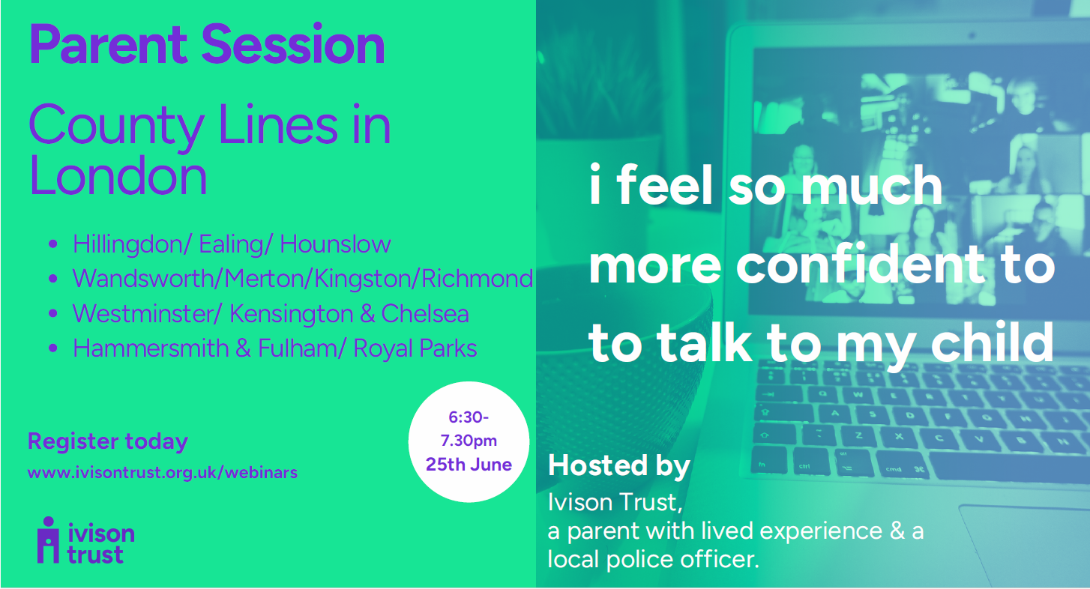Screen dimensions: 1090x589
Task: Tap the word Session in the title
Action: point(293,45)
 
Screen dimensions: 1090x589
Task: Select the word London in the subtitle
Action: point(118,175)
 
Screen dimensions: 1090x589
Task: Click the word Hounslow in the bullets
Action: point(335,244)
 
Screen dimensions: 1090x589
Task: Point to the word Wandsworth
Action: point(143,278)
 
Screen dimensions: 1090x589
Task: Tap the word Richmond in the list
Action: point(477,278)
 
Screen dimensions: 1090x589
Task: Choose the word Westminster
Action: point(143,313)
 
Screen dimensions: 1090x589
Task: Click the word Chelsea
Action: point(425,313)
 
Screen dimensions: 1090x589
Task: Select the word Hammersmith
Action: point(151,348)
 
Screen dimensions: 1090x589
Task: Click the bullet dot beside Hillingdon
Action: point(53,244)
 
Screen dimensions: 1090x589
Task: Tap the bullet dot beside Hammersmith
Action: point(53,348)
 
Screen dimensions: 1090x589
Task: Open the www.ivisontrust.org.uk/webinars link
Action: point(163,472)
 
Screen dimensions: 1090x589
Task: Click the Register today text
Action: point(108,441)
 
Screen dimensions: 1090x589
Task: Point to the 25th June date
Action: point(469,465)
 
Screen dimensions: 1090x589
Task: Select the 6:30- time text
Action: point(469,417)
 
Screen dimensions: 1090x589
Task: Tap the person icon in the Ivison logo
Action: point(48,540)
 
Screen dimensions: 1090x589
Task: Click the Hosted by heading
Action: point(619,466)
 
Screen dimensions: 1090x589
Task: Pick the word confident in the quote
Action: point(861,265)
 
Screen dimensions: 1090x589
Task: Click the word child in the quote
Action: point(993,343)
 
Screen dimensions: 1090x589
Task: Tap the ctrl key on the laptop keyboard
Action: point(804,466)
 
